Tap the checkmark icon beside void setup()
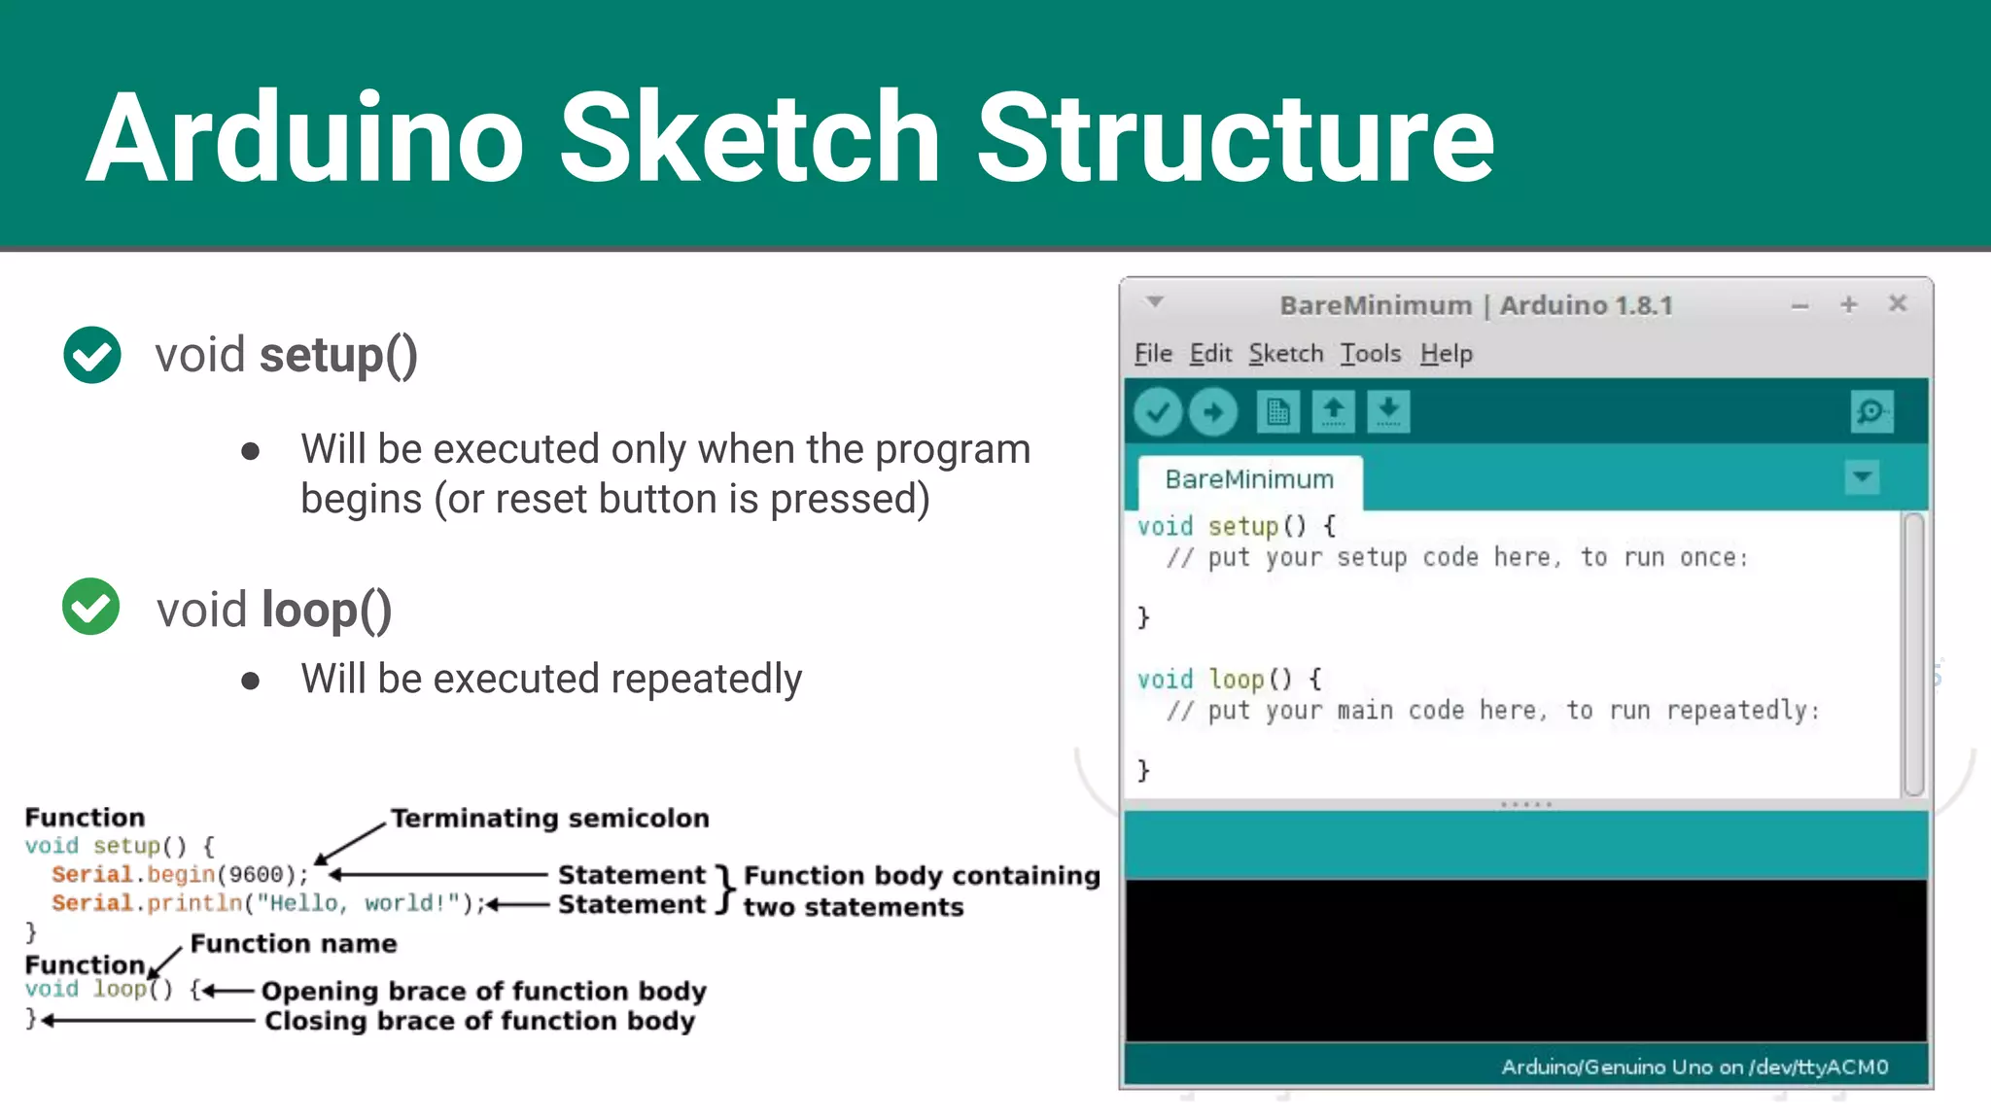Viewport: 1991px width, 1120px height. pos(92,355)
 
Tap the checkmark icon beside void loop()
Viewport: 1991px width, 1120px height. pos(90,607)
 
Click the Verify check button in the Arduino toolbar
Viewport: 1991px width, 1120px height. pos(1157,412)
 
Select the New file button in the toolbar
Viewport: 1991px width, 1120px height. pos(1277,412)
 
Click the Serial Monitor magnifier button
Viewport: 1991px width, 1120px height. pos(1870,412)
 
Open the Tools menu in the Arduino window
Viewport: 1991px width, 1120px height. pos(1370,354)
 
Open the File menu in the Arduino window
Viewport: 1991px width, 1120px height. pos(1153,354)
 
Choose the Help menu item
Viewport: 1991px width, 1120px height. pos(1446,354)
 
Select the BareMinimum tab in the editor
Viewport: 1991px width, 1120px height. pos(1249,480)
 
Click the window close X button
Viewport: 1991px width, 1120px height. pos(1897,304)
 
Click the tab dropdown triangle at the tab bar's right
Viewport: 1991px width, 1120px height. pos(1862,477)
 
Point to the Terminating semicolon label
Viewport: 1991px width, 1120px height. pos(549,819)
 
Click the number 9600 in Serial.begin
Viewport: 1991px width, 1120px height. pos(256,875)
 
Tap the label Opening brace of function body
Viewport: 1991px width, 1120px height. pos(483,992)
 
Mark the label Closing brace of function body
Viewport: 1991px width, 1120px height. pos(479,1022)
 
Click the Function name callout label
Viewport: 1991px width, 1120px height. pos(294,944)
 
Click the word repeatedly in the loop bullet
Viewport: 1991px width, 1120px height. pos(707,679)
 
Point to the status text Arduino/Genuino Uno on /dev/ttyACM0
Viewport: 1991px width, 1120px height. pos(1694,1067)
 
